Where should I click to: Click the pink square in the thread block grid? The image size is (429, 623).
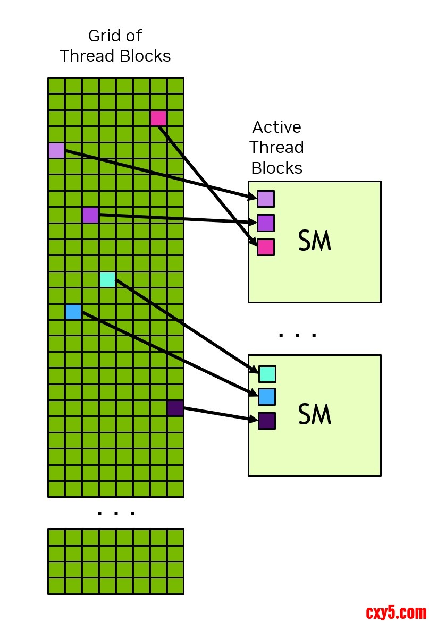pyautogui.click(x=158, y=118)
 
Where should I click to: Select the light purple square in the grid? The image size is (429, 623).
pyautogui.click(x=56, y=150)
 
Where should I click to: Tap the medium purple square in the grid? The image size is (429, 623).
pyautogui.click(x=90, y=215)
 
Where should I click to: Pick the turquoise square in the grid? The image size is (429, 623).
pyautogui.click(x=107, y=279)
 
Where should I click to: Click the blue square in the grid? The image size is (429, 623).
pyautogui.click(x=73, y=312)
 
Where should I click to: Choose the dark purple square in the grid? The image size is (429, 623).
pyautogui.click(x=175, y=408)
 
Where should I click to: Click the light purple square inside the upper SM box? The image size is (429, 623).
pyautogui.click(x=266, y=199)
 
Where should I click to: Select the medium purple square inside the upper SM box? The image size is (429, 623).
pyautogui.click(x=266, y=223)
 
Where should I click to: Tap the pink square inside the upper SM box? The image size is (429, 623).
pyautogui.click(x=266, y=247)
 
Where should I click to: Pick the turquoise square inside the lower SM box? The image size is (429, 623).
pyautogui.click(x=267, y=374)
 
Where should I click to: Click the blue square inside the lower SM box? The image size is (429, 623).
pyautogui.click(x=267, y=397)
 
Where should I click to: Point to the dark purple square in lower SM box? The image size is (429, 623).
pyautogui.click(x=267, y=421)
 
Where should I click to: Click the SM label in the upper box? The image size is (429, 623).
pyautogui.click(x=315, y=242)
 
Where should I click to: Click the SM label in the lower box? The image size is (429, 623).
pyautogui.click(x=315, y=415)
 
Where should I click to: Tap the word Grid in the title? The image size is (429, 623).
pyautogui.click(x=101, y=36)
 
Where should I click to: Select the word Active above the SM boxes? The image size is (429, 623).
pyautogui.click(x=276, y=127)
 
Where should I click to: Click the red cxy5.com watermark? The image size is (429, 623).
pyautogui.click(x=396, y=612)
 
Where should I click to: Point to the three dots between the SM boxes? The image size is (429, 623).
pyautogui.click(x=298, y=335)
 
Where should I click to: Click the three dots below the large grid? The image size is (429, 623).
pyautogui.click(x=116, y=513)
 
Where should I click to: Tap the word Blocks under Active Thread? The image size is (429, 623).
pyautogui.click(x=276, y=168)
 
